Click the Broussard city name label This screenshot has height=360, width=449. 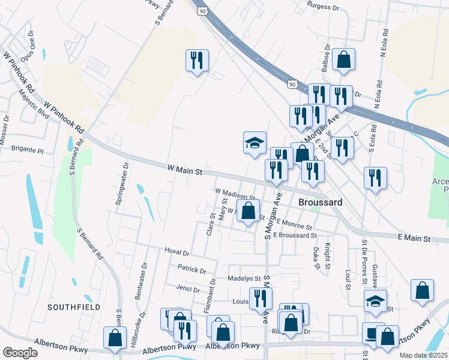coord(321,203)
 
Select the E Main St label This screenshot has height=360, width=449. coord(415,239)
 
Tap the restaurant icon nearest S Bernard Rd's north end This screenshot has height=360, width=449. coord(197,60)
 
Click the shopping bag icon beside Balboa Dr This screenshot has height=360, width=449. coord(344,59)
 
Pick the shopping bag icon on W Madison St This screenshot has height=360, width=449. coord(248,211)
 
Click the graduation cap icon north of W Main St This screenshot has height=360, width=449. coord(254,142)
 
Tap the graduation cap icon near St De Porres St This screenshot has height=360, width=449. coord(376,300)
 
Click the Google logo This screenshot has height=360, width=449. coord(19,353)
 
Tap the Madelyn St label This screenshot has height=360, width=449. coord(244,278)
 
